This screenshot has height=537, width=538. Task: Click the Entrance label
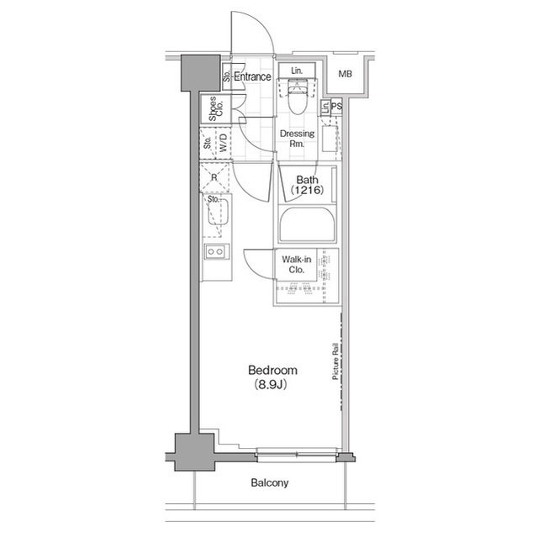[x=252, y=76]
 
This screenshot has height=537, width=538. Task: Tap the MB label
[x=345, y=76]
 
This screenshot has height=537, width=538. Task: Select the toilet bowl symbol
[x=297, y=98]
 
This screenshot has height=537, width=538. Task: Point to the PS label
[x=336, y=107]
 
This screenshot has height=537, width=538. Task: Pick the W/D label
[x=223, y=144]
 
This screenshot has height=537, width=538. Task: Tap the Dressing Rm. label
[x=297, y=139]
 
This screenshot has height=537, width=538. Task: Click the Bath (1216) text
[x=306, y=185]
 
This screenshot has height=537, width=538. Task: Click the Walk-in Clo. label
[x=296, y=265]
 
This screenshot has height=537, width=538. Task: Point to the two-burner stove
[x=215, y=251]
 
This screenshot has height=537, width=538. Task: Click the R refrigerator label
[x=214, y=177]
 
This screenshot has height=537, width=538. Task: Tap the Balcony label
[x=269, y=483]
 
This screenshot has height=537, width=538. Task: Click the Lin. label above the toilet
[x=297, y=71]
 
